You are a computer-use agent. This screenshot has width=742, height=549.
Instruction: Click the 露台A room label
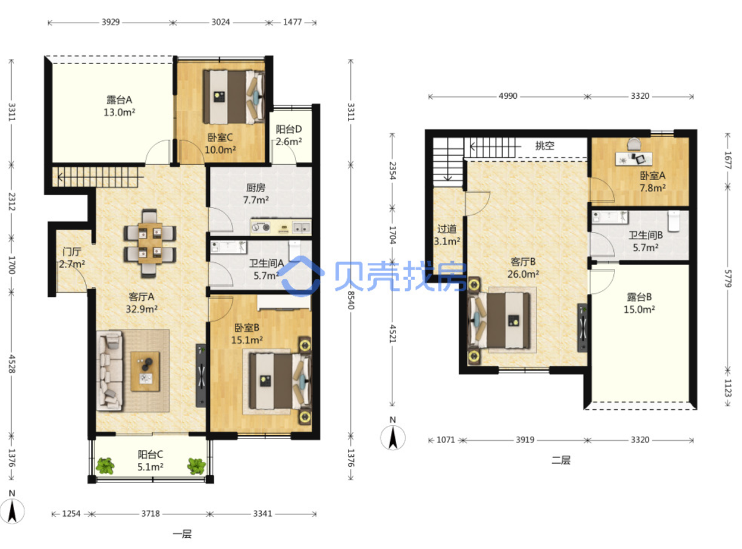(119, 99)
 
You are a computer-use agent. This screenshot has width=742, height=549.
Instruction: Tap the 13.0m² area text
(119, 112)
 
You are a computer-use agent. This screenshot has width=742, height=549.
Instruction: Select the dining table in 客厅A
(150, 243)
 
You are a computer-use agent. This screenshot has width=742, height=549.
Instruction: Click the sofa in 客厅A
(109, 370)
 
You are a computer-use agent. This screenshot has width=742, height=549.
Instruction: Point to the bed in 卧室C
(233, 97)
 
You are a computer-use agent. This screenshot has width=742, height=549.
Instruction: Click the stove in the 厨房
(261, 228)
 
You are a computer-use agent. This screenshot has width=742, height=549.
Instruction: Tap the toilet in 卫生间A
(294, 250)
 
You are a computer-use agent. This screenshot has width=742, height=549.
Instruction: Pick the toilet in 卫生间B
(673, 221)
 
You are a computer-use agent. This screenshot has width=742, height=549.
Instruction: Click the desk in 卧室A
(633, 159)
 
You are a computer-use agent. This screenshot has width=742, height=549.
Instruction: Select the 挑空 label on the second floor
(545, 146)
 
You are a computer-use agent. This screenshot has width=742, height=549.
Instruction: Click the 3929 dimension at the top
(110, 22)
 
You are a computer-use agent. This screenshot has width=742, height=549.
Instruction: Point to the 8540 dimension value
(350, 300)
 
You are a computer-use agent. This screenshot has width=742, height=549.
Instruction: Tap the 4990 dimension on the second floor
(508, 96)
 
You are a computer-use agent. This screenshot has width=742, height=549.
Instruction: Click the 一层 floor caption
(182, 534)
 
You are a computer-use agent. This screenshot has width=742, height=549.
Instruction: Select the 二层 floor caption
(561, 460)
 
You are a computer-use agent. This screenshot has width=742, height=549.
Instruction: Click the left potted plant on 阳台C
(106, 466)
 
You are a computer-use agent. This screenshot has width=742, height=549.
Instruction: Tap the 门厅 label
(71, 251)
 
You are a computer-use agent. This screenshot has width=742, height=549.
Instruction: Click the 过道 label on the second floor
(447, 229)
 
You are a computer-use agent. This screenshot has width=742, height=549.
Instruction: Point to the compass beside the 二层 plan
(393, 437)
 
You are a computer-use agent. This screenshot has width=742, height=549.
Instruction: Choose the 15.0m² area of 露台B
(639, 309)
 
